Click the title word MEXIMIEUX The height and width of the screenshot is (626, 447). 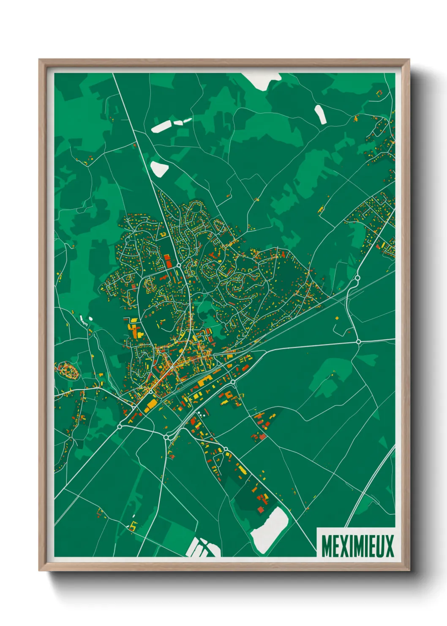pos(357,546)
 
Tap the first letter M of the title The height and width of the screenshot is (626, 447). pos(326,546)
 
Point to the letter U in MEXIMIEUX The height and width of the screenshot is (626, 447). pos(381,546)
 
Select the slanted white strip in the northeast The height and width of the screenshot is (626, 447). pos(320,114)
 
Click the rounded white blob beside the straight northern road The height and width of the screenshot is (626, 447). pos(159,168)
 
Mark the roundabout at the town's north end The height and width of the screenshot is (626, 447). pos(179,265)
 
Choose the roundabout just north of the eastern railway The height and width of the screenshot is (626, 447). pos(357,278)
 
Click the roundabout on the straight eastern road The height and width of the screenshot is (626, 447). pos(358,341)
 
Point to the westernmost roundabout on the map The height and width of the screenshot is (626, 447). pos(120,427)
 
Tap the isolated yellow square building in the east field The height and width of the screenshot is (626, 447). pos(337,318)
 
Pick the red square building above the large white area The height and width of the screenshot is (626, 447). pos(261,510)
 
